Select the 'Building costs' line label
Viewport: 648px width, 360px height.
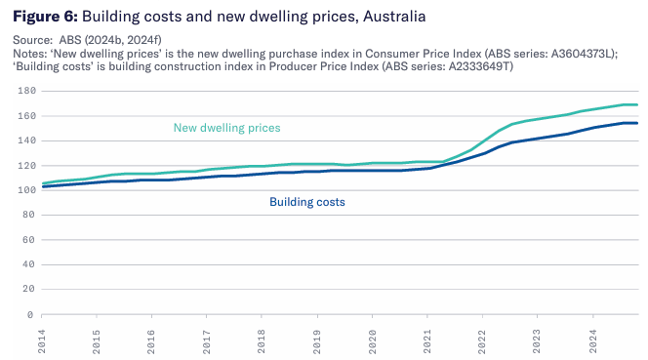pyautogui.click(x=306, y=202)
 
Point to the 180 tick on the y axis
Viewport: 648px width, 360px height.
pyautogui.click(x=26, y=91)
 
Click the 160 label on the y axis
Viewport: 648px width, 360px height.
pyautogui.click(x=26, y=116)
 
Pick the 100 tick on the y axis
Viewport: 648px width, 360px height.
pyautogui.click(x=26, y=190)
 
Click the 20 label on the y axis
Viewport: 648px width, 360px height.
pyautogui.click(x=28, y=290)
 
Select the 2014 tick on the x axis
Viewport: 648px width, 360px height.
pyautogui.click(x=42, y=339)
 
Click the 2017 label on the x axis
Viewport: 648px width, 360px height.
pyautogui.click(x=207, y=339)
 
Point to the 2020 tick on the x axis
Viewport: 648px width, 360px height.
pyautogui.click(x=372, y=339)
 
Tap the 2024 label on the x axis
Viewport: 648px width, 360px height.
pyautogui.click(x=592, y=339)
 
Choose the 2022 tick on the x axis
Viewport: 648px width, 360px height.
pyautogui.click(x=482, y=339)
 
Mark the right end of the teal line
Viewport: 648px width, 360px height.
pyautogui.click(x=637, y=104)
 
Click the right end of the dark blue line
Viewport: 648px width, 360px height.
pyautogui.click(x=637, y=123)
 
